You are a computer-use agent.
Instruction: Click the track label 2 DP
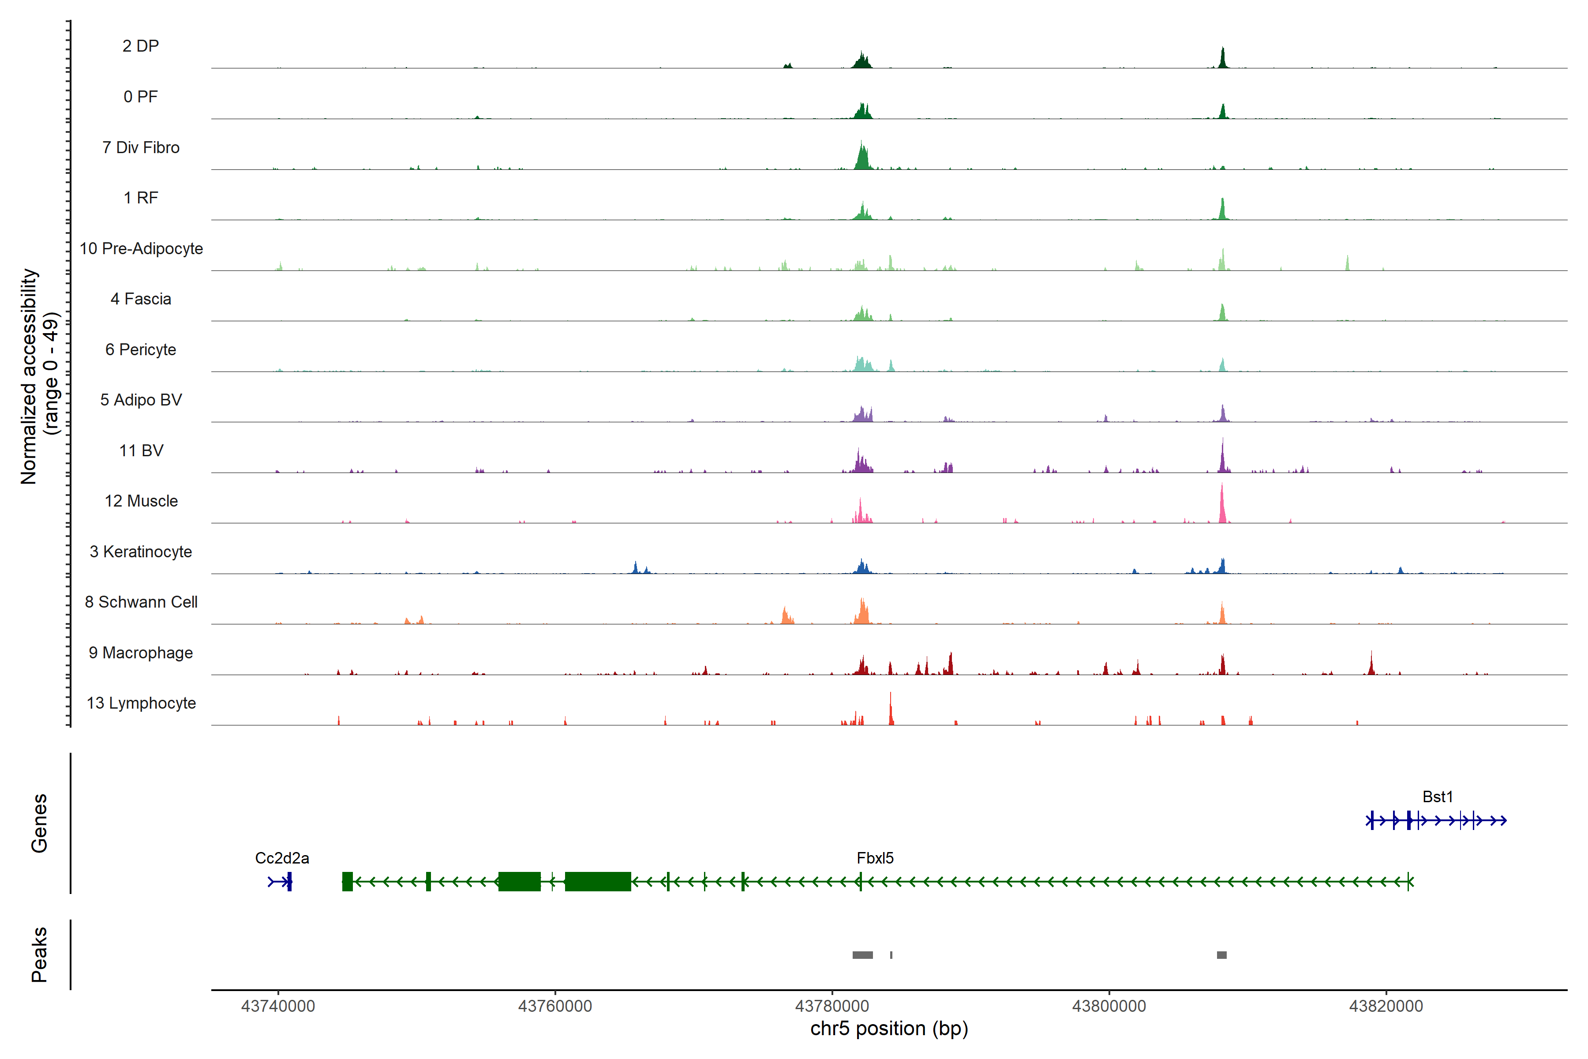pos(140,46)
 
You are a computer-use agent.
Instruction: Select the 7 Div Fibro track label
pos(140,147)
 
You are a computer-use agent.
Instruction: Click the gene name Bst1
pos(1438,797)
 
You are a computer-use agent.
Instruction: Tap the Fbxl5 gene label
pos(875,858)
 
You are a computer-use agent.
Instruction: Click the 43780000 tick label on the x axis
pos(832,1006)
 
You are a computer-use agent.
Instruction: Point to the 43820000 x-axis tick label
pos(1386,1006)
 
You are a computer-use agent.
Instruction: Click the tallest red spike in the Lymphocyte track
pos(891,709)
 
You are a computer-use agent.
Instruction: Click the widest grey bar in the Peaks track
pos(862,955)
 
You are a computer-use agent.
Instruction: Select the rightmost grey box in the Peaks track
pos(1221,955)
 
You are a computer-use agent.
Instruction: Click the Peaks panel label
pos(39,954)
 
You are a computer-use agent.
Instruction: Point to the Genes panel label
pos(39,823)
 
